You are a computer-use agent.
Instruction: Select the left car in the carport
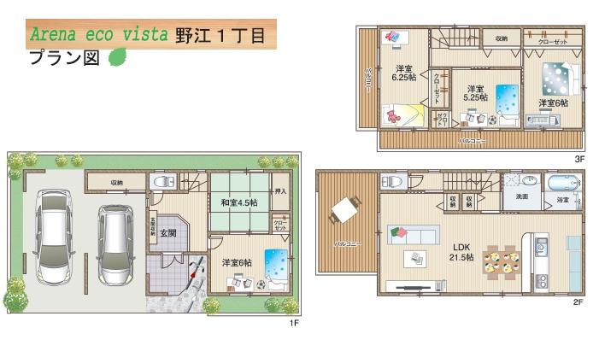(x=51, y=237)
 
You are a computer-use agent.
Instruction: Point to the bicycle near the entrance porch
(x=195, y=275)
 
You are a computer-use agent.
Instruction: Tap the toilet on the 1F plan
(x=161, y=182)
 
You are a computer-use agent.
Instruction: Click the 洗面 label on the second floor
(x=520, y=198)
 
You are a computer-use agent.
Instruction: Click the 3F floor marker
(x=578, y=159)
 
